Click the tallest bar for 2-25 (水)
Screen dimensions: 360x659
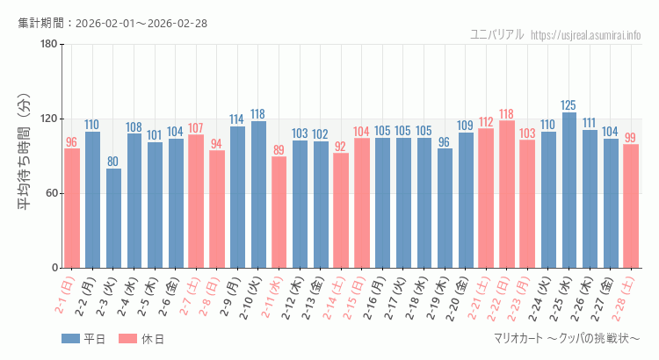point(569,190)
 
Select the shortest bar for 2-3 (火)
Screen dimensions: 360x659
point(113,218)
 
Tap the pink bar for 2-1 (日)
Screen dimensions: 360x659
point(72,208)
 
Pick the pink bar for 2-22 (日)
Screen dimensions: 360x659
point(507,194)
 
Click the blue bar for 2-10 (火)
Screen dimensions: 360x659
point(258,194)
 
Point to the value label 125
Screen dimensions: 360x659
point(569,105)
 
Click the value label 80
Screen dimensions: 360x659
point(113,162)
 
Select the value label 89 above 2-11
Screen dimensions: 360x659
point(279,150)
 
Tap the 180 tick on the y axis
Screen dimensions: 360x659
point(48,45)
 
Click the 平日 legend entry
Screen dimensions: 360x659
point(83,339)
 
